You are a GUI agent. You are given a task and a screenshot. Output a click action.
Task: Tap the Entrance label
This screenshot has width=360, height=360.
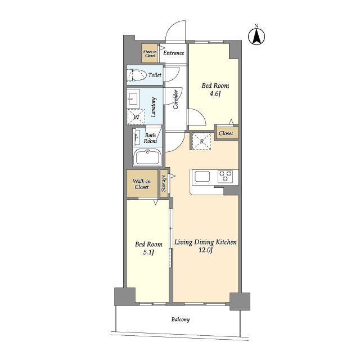[x=174, y=53]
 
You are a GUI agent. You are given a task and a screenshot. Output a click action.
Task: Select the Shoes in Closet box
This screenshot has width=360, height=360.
[x=150, y=53]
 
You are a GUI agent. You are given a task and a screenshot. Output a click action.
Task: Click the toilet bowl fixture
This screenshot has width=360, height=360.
[x=137, y=75]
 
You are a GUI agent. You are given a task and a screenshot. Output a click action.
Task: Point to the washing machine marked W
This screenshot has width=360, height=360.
[x=136, y=117]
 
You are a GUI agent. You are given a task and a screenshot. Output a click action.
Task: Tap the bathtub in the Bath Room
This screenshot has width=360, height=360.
[x=147, y=157]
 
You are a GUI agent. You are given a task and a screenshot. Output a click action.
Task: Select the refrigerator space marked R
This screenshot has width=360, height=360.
[x=201, y=141]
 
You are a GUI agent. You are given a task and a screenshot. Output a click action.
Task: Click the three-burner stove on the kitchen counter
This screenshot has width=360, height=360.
[x=225, y=176]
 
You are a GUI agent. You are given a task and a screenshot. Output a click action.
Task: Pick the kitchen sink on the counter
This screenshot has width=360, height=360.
[x=202, y=177]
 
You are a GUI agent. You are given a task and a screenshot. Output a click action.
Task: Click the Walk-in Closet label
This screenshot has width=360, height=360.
[x=142, y=184]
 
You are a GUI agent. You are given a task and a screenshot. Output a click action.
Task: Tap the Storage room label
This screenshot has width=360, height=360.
[x=164, y=183]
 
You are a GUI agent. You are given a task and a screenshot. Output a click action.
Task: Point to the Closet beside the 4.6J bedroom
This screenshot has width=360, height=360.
[x=227, y=133]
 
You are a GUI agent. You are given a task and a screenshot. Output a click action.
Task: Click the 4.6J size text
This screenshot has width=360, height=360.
[x=215, y=94]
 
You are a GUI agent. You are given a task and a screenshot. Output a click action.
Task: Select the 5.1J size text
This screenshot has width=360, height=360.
[x=148, y=253]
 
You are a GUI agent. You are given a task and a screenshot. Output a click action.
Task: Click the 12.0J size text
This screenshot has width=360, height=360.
[x=205, y=250]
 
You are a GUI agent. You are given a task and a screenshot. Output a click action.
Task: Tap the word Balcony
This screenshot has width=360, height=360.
[x=181, y=319]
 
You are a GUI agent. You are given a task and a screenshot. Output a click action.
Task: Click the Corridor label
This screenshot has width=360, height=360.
[x=175, y=99]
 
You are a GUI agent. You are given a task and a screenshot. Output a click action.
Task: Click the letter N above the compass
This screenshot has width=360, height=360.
[x=256, y=25]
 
